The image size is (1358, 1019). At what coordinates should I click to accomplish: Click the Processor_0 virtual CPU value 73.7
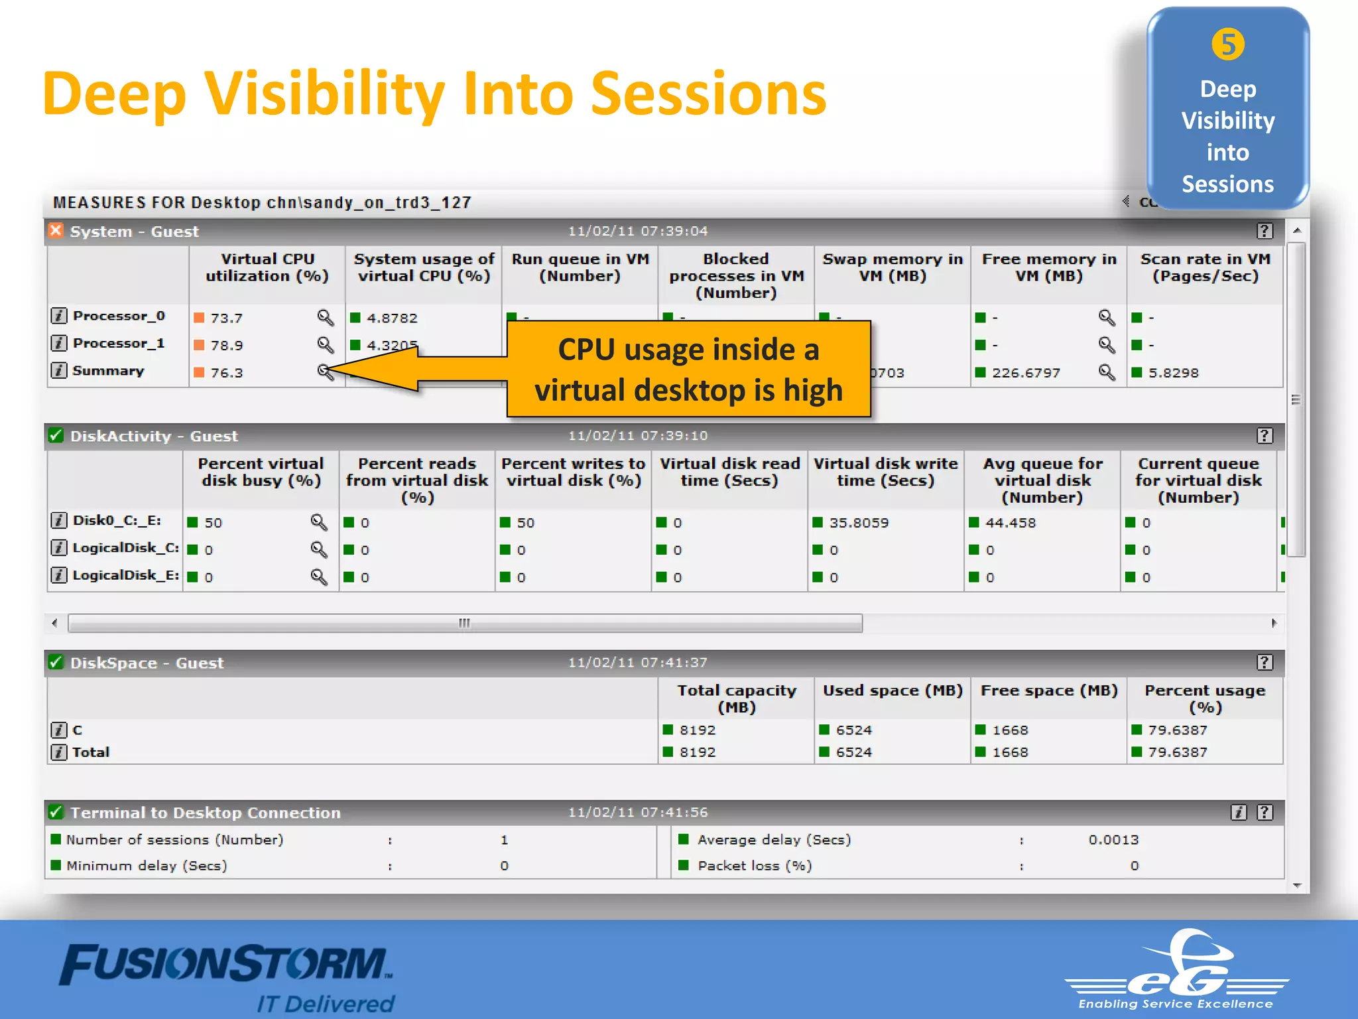[226, 318]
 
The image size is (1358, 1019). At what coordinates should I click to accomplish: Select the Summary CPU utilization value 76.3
[226, 373]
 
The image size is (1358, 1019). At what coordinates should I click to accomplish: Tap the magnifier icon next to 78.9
[325, 345]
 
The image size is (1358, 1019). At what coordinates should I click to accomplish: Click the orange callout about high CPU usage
[688, 369]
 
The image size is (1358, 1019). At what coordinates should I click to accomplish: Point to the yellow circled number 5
[1227, 45]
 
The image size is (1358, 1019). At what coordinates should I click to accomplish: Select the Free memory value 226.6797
[1026, 373]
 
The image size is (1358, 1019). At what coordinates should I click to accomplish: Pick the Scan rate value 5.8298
[1173, 373]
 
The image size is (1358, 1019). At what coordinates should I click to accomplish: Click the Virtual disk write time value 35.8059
[859, 523]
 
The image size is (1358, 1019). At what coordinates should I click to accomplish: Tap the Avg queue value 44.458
[1010, 523]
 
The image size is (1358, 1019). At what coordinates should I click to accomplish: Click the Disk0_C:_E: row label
[117, 520]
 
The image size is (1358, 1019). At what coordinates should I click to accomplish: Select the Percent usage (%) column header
[1205, 699]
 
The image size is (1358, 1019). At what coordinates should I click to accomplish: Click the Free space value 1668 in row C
[1010, 730]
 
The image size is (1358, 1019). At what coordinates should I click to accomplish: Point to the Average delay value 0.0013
[1113, 840]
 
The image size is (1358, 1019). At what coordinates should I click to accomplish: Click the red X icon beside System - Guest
[56, 230]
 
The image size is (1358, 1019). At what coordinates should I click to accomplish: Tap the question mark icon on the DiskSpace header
[1265, 662]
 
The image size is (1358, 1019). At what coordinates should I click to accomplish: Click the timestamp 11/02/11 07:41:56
[638, 812]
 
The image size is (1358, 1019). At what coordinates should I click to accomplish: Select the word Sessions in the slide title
[708, 94]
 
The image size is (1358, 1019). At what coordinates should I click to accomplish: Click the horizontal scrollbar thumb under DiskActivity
[464, 623]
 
